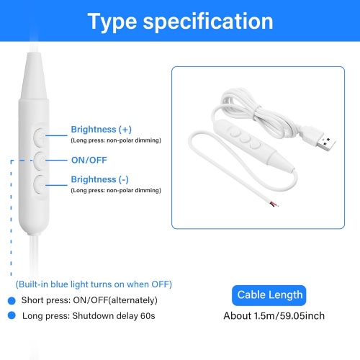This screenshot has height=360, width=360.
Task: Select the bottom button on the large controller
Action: coord(41,183)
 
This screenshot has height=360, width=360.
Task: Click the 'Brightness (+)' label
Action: coord(101,130)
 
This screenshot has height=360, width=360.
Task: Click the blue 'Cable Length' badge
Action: coord(271,294)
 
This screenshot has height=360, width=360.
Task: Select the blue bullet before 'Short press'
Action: coord(12,300)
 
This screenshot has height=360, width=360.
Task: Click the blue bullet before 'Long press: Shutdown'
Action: coord(12,315)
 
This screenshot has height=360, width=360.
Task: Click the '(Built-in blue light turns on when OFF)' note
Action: coord(94,284)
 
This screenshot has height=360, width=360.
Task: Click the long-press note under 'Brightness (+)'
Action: coord(115,140)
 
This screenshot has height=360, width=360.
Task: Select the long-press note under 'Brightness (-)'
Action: coord(115,190)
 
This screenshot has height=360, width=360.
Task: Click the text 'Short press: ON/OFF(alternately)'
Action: coord(90,300)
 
